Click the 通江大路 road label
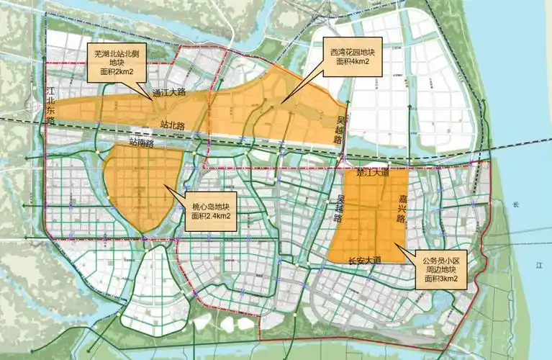pyautogui.click(x=169, y=92)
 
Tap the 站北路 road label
pyautogui.click(x=172, y=125)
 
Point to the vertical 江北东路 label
pyautogui.click(x=50, y=106)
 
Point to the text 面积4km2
pyautogui.click(x=353, y=63)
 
